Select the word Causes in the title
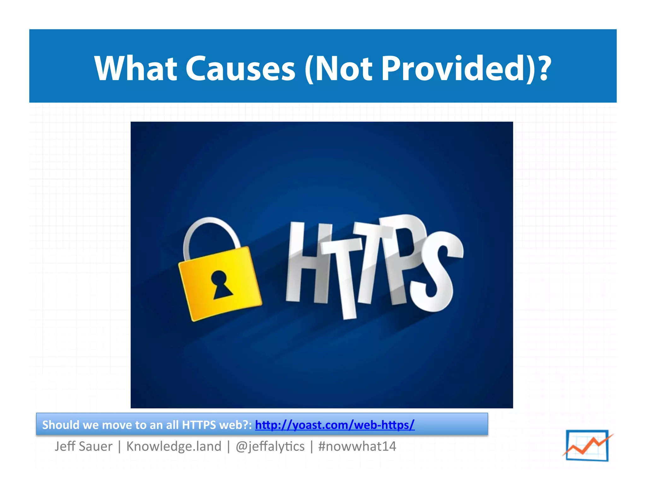coord(240,69)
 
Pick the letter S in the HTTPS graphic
coord(437,271)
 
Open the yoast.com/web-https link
coord(335,425)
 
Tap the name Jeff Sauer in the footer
coord(83,446)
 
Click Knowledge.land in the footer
coord(174,446)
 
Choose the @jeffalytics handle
coord(270,446)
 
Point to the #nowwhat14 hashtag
coord(357,446)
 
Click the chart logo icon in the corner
coord(587,445)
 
